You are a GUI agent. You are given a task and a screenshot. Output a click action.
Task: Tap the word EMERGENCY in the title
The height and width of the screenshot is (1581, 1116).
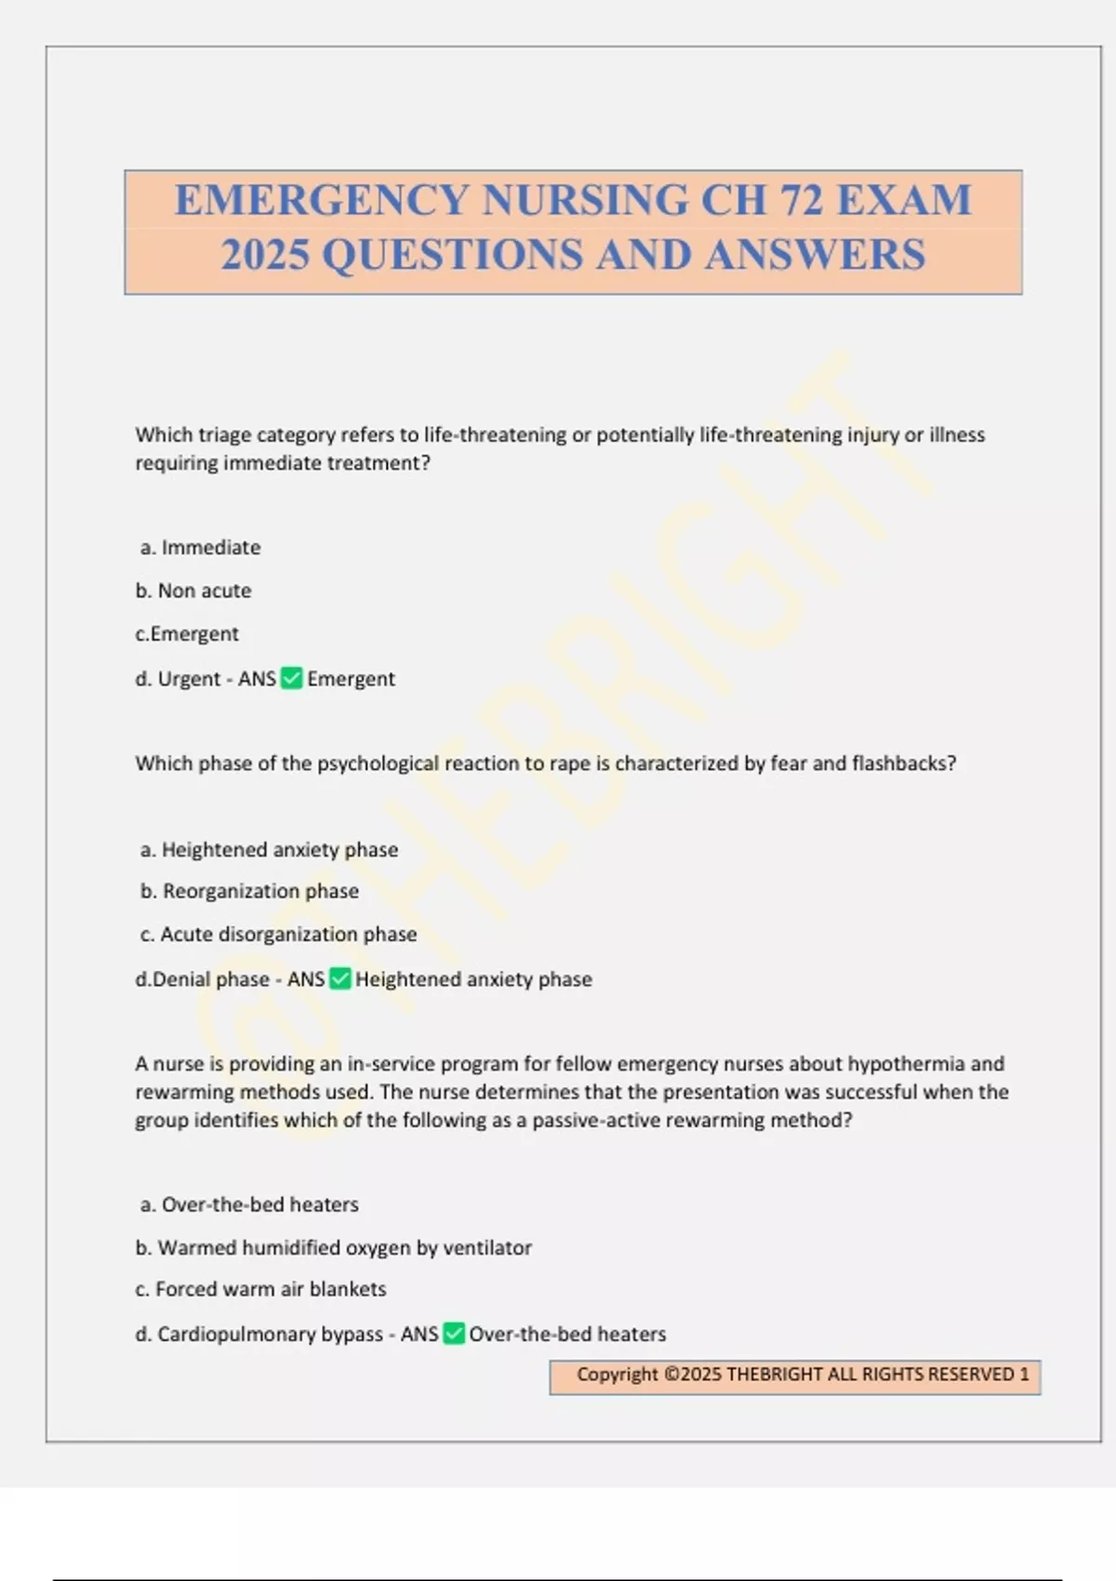[x=321, y=200]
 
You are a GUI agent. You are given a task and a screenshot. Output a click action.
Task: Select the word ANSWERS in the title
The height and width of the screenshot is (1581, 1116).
[x=815, y=255]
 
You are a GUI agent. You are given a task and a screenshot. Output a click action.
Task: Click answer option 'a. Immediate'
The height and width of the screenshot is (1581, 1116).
[x=200, y=548]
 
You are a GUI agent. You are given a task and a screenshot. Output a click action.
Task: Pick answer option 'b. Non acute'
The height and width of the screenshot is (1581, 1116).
[x=193, y=591]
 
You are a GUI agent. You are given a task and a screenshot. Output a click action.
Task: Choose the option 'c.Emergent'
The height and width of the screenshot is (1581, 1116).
[x=187, y=634]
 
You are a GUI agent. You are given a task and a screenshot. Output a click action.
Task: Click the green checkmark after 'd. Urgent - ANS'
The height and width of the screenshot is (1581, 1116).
[x=291, y=679]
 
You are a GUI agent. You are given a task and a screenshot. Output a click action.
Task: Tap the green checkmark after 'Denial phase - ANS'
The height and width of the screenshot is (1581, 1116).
[x=340, y=979]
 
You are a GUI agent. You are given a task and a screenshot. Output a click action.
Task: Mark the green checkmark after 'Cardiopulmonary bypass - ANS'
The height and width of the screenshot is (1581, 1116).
[x=454, y=1335]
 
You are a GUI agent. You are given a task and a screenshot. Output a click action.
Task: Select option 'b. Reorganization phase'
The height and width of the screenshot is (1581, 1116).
[x=249, y=891]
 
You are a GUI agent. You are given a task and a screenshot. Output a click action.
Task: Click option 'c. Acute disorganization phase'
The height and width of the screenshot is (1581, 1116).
[x=278, y=935]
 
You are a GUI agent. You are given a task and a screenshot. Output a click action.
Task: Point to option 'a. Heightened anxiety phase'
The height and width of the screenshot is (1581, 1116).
[x=269, y=850]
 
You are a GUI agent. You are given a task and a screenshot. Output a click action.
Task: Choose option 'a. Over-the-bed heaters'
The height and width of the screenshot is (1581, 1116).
[x=249, y=1205]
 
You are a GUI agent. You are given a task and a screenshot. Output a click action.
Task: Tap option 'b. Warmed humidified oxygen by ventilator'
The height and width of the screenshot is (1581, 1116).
[x=334, y=1248]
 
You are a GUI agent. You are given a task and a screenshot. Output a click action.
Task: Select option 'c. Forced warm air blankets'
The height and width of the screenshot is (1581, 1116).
[x=260, y=1290]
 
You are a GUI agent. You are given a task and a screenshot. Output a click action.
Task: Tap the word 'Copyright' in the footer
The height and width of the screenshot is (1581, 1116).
[x=617, y=1375]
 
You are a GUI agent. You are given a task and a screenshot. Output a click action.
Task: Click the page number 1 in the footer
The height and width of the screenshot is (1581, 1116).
[x=1025, y=1375]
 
